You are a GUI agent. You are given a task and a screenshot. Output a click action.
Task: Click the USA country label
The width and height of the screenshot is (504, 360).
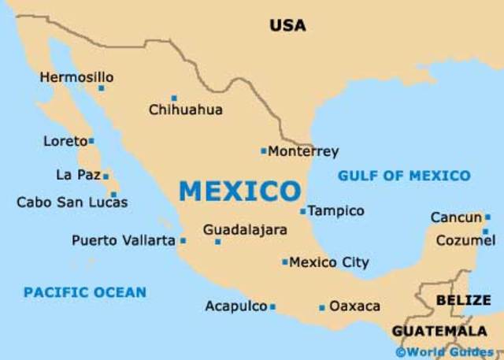pos(287,25)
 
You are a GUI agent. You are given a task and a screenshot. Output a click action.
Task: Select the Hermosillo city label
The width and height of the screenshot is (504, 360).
pos(76,77)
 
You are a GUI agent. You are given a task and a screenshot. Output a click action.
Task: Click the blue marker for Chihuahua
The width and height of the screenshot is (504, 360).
pos(174,98)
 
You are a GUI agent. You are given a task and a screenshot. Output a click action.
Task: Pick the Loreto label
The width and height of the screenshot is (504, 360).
pos(65,142)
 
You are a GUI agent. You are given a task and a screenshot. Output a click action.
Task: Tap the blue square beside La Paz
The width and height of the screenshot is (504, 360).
pos(106,176)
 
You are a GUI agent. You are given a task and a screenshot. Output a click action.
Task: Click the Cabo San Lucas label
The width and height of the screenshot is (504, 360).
pos(72,202)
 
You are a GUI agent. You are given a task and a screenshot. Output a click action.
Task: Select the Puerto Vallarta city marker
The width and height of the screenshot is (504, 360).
pos(183,241)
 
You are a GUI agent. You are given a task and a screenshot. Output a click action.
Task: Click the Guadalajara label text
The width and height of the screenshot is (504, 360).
pos(245,229)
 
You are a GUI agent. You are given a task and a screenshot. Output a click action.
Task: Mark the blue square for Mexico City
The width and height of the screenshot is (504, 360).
pos(285,262)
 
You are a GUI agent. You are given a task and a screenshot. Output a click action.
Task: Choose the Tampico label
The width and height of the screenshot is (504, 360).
pos(335,211)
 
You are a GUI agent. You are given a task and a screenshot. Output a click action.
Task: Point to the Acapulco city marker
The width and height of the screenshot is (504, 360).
pos(272,306)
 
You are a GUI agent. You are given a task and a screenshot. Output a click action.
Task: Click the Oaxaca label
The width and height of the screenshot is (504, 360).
pos(354,306)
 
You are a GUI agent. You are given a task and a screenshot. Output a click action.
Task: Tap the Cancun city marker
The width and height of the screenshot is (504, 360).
pos(487,217)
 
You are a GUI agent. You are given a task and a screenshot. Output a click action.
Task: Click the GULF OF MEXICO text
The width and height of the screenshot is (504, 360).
pos(404,176)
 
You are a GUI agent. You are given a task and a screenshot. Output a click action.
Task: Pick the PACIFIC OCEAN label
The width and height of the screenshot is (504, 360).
pos(84,292)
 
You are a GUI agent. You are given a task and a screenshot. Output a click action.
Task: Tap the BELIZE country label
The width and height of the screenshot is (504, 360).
pos(462,300)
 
